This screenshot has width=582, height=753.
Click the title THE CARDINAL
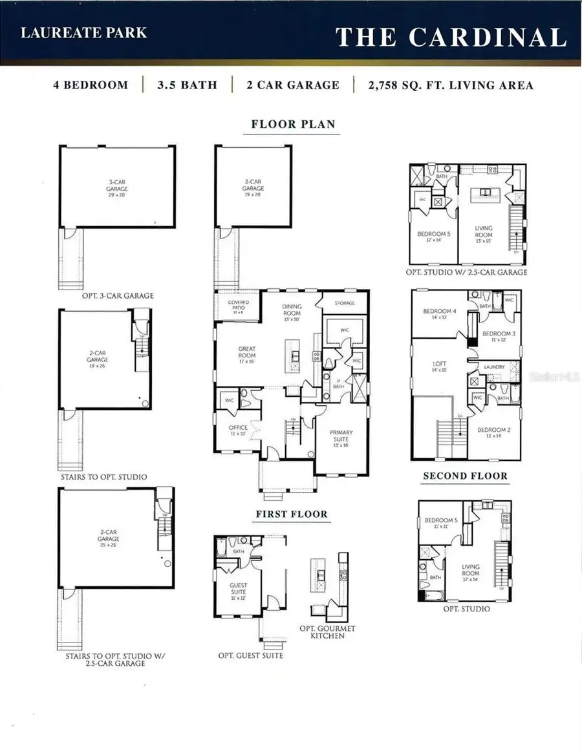(451, 37)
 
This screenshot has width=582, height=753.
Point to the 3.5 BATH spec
(187, 85)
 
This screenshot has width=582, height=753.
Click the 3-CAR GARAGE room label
(117, 186)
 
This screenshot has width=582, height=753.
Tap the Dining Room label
(292, 312)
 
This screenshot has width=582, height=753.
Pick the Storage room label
(344, 302)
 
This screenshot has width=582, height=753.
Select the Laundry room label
(494, 367)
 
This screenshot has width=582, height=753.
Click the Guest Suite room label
(239, 589)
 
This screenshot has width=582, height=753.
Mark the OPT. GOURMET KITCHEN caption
(327, 632)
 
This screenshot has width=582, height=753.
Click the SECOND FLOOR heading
(465, 476)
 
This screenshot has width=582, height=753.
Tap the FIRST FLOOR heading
(291, 514)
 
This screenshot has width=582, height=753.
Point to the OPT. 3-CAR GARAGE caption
(117, 295)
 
